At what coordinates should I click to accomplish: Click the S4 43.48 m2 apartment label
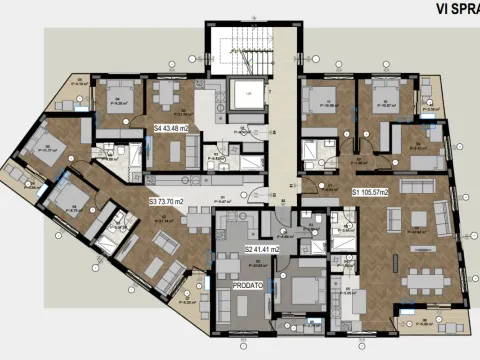[175, 128]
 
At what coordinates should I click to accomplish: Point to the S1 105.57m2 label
[375, 190]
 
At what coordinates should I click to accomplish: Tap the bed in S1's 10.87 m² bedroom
[385, 101]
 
